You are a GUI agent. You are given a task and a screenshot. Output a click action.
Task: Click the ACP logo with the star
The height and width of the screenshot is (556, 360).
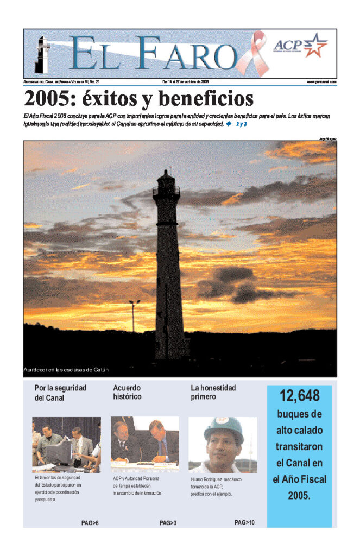click(x=300, y=46)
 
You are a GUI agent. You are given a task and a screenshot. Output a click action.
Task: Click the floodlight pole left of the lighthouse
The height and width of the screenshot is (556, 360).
click(x=134, y=315)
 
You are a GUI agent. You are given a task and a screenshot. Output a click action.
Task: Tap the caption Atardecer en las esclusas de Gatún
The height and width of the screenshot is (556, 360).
click(x=66, y=370)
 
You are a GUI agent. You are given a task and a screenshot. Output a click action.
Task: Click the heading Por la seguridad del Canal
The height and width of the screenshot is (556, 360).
click(x=60, y=393)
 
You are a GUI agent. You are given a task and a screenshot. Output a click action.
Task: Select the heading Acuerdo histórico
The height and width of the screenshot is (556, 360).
click(x=127, y=393)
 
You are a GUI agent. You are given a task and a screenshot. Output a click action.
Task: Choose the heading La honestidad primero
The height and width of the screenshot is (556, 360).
click(x=213, y=393)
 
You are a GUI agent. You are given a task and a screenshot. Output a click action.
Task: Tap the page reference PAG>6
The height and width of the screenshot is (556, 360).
click(x=90, y=523)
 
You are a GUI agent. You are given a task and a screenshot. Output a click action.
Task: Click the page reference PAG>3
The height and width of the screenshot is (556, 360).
click(x=168, y=523)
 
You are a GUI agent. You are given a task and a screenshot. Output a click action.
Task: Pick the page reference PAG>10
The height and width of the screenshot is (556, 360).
click(x=244, y=522)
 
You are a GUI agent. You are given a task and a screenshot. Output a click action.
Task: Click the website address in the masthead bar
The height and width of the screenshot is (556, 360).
click(x=321, y=81)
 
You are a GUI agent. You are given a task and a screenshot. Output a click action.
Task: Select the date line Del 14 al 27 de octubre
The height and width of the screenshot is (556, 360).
click(x=186, y=81)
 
